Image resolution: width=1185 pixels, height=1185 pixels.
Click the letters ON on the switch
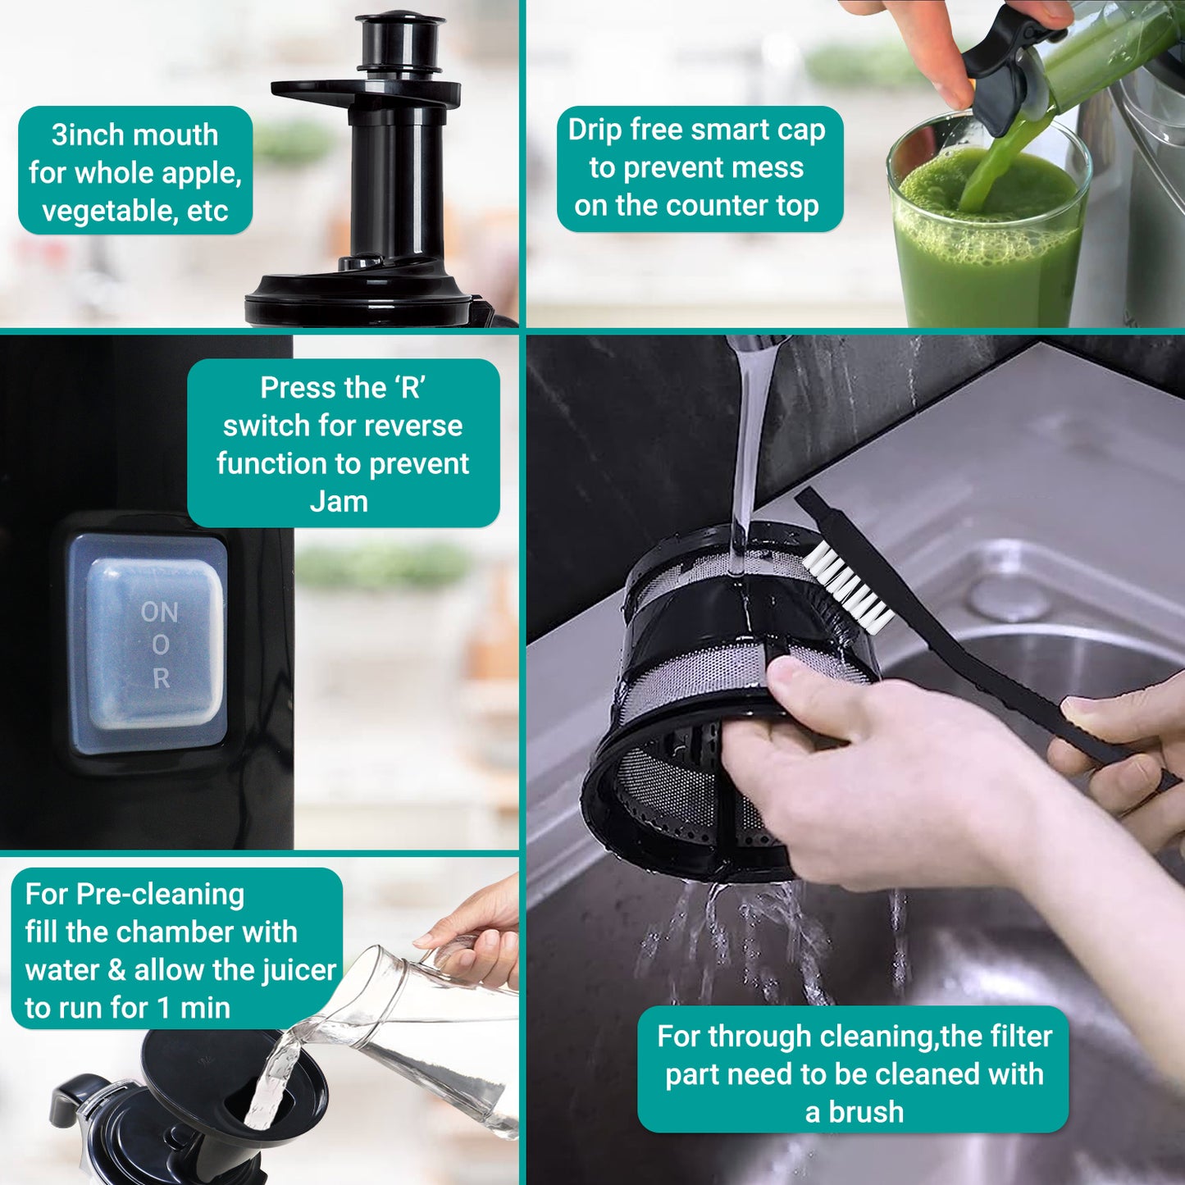pyautogui.click(x=159, y=612)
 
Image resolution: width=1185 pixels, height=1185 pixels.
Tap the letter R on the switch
pyautogui.click(x=161, y=678)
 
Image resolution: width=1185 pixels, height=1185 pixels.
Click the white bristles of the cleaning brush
pyautogui.click(x=847, y=586)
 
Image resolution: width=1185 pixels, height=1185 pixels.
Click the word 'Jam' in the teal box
pyautogui.click(x=339, y=501)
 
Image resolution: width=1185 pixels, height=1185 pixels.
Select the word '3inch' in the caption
pyautogui.click(x=87, y=134)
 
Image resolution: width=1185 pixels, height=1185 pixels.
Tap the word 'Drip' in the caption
pyautogui.click(x=596, y=130)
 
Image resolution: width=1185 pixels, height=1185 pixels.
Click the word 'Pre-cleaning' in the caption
pyautogui.click(x=160, y=895)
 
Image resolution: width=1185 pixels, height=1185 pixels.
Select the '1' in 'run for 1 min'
pyautogui.click(x=163, y=1008)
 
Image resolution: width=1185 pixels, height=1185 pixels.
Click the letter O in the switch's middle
pyautogui.click(x=161, y=645)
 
